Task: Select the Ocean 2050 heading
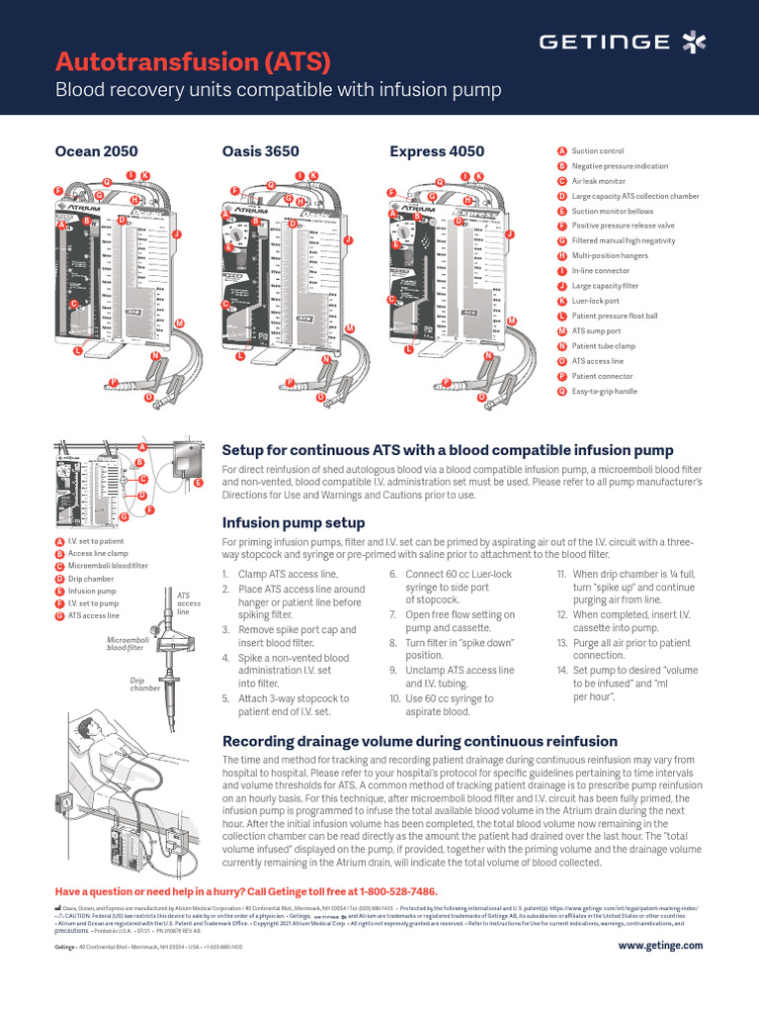pyautogui.click(x=95, y=151)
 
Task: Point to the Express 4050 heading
pyautogui.click(x=437, y=151)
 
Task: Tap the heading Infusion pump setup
pyautogui.click(x=294, y=522)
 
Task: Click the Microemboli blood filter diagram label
pyautogui.click(x=126, y=644)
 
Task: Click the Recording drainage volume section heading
pyautogui.click(x=420, y=741)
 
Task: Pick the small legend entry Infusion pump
pyautogui.click(x=92, y=591)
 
